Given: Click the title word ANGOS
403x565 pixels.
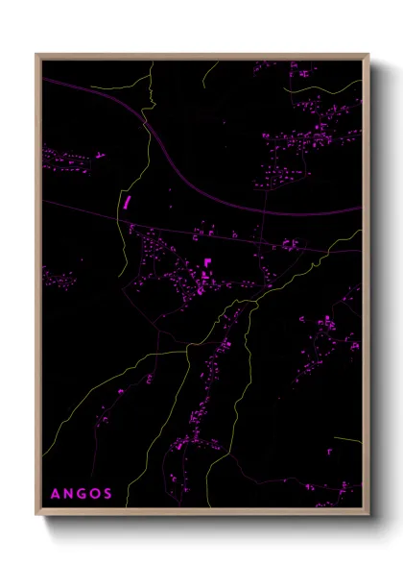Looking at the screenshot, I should click(x=81, y=494).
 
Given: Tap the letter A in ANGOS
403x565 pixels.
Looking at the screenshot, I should click(x=55, y=494).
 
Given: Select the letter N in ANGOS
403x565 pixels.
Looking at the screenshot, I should click(x=68, y=494).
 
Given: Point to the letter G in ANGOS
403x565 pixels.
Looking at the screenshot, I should click(x=82, y=494).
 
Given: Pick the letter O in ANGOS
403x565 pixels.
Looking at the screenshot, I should click(x=95, y=494).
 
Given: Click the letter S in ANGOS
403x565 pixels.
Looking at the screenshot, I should click(x=107, y=494).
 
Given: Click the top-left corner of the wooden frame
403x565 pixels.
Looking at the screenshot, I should click(x=36, y=55).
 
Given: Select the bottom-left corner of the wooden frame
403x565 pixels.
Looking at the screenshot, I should click(x=36, y=516).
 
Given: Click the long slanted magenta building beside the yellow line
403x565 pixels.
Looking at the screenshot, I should click(x=126, y=202).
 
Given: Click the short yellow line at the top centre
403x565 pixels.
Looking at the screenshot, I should click(x=211, y=68).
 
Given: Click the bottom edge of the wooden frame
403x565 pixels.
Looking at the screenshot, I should click(x=201, y=515).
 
